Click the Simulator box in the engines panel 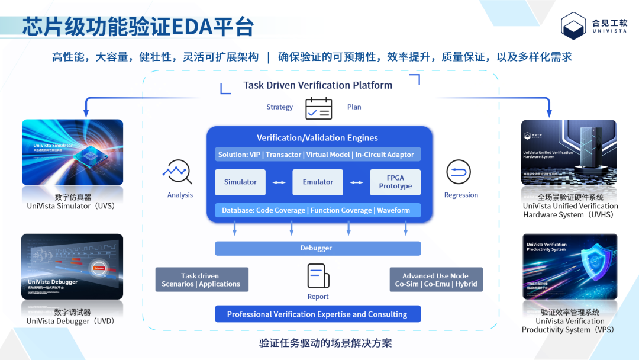pos(240,182)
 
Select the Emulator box pos(318,182)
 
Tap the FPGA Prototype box pos(395,182)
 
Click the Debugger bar pos(318,248)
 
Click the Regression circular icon pos(459,172)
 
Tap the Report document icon pos(318,277)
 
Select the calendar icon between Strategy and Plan pos(318,108)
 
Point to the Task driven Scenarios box pos(202,279)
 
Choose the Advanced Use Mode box pos(435,279)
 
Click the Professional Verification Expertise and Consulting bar pos(318,314)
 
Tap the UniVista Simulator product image pos(73,153)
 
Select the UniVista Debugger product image pos(73,266)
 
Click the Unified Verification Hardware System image pos(569,153)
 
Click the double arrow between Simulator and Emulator pos(279,182)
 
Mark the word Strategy pos(279,107)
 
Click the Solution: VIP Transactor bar pos(318,155)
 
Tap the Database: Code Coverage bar pos(318,210)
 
